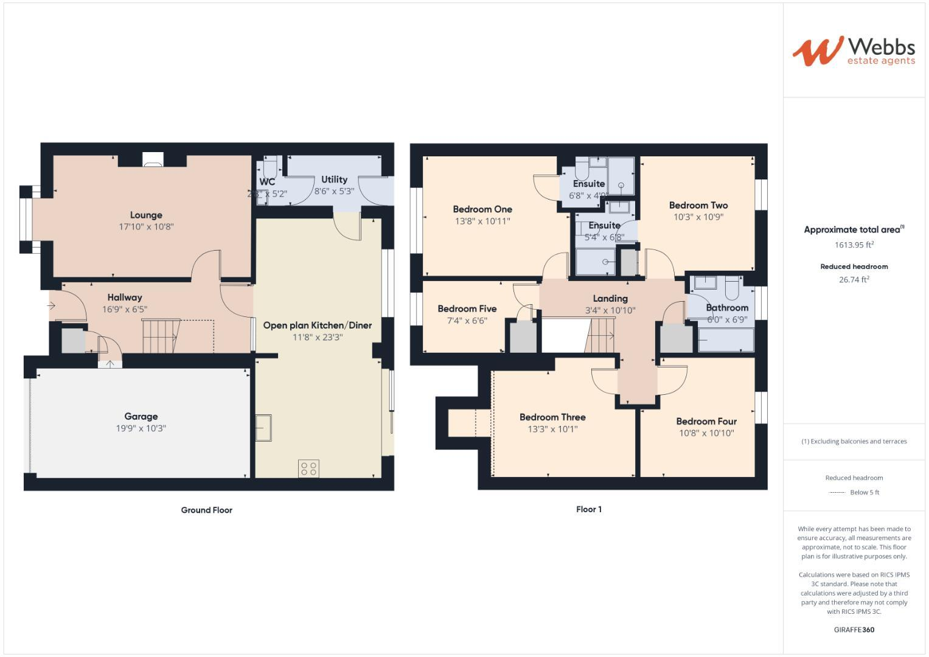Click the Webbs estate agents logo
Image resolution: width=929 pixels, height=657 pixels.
click(853, 50)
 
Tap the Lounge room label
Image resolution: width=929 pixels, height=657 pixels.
click(146, 215)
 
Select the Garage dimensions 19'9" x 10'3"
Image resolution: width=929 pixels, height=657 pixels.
click(141, 428)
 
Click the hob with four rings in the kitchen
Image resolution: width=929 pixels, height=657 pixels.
click(308, 468)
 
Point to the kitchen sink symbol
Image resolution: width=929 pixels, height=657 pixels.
click(263, 428)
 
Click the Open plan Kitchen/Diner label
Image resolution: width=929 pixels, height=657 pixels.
click(317, 325)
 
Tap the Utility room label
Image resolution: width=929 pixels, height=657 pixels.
click(334, 179)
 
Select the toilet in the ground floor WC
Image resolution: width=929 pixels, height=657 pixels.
click(270, 165)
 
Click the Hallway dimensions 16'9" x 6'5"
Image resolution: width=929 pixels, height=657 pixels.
click(125, 309)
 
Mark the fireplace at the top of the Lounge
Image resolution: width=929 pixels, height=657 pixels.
click(152, 159)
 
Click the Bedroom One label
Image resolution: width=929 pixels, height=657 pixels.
click(482, 209)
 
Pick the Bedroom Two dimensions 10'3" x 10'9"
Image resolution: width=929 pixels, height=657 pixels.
click(698, 217)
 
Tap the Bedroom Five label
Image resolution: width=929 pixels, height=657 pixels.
click(467, 309)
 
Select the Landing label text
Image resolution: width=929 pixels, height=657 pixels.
click(610, 299)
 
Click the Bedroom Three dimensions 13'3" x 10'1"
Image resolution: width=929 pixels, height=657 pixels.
click(552, 429)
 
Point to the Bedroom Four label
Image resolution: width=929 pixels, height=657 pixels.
click(706, 422)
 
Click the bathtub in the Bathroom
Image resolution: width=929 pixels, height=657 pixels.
click(726, 340)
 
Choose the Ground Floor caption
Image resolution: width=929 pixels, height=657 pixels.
click(206, 510)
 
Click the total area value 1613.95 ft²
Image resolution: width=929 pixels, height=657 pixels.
click(854, 245)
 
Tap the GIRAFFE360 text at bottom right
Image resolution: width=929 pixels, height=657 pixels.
click(854, 630)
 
